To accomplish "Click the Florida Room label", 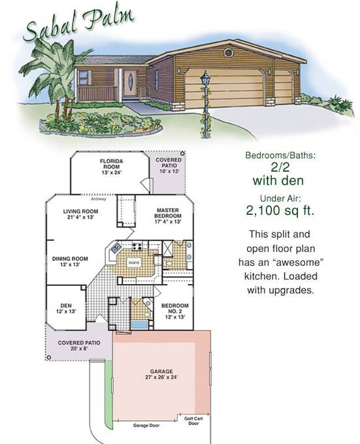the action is [x=111, y=166].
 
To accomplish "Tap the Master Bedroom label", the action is [x=168, y=215].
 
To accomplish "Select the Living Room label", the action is [x=81, y=214].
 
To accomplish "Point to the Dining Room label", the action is [x=70, y=261].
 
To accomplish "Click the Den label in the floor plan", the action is [x=66, y=308].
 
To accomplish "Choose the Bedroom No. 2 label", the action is [x=174, y=311].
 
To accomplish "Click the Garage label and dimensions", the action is [x=161, y=374].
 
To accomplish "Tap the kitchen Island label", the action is [x=134, y=262].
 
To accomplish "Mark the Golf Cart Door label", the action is [x=193, y=421].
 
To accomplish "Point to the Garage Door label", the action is [x=146, y=425].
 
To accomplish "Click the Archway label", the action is [x=99, y=198].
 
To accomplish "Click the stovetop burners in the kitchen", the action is [x=137, y=247].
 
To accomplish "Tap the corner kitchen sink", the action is [x=116, y=248].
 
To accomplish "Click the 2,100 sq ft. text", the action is [x=280, y=210].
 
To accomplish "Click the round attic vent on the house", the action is [x=228, y=52].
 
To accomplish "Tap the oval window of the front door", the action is [x=131, y=81].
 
